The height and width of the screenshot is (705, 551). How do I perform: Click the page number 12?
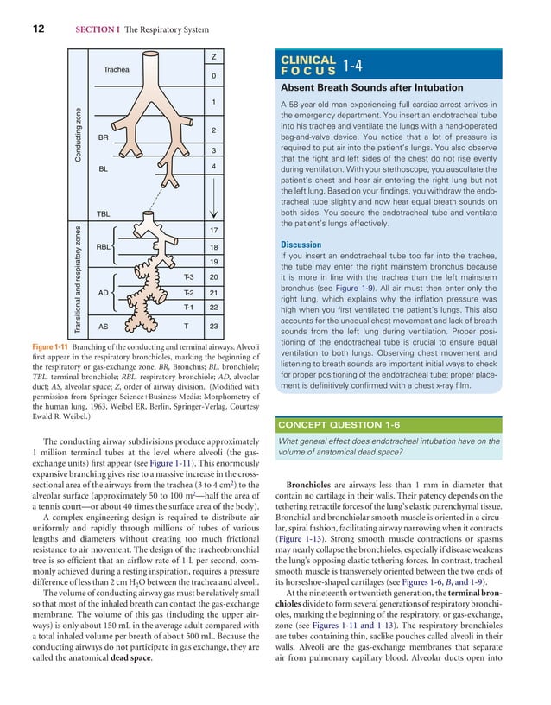coord(39,29)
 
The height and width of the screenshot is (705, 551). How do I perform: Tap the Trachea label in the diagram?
coord(117,68)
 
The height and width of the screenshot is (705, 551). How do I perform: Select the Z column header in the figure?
coord(213,57)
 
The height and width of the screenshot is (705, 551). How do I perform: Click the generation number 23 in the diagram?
coord(213,327)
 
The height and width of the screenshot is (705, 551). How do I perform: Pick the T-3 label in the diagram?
coord(188,276)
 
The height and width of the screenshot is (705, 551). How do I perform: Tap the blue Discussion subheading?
coord(301,245)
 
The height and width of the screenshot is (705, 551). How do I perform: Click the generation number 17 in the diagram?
coord(213,229)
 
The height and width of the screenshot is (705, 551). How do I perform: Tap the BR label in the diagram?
coord(103,137)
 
